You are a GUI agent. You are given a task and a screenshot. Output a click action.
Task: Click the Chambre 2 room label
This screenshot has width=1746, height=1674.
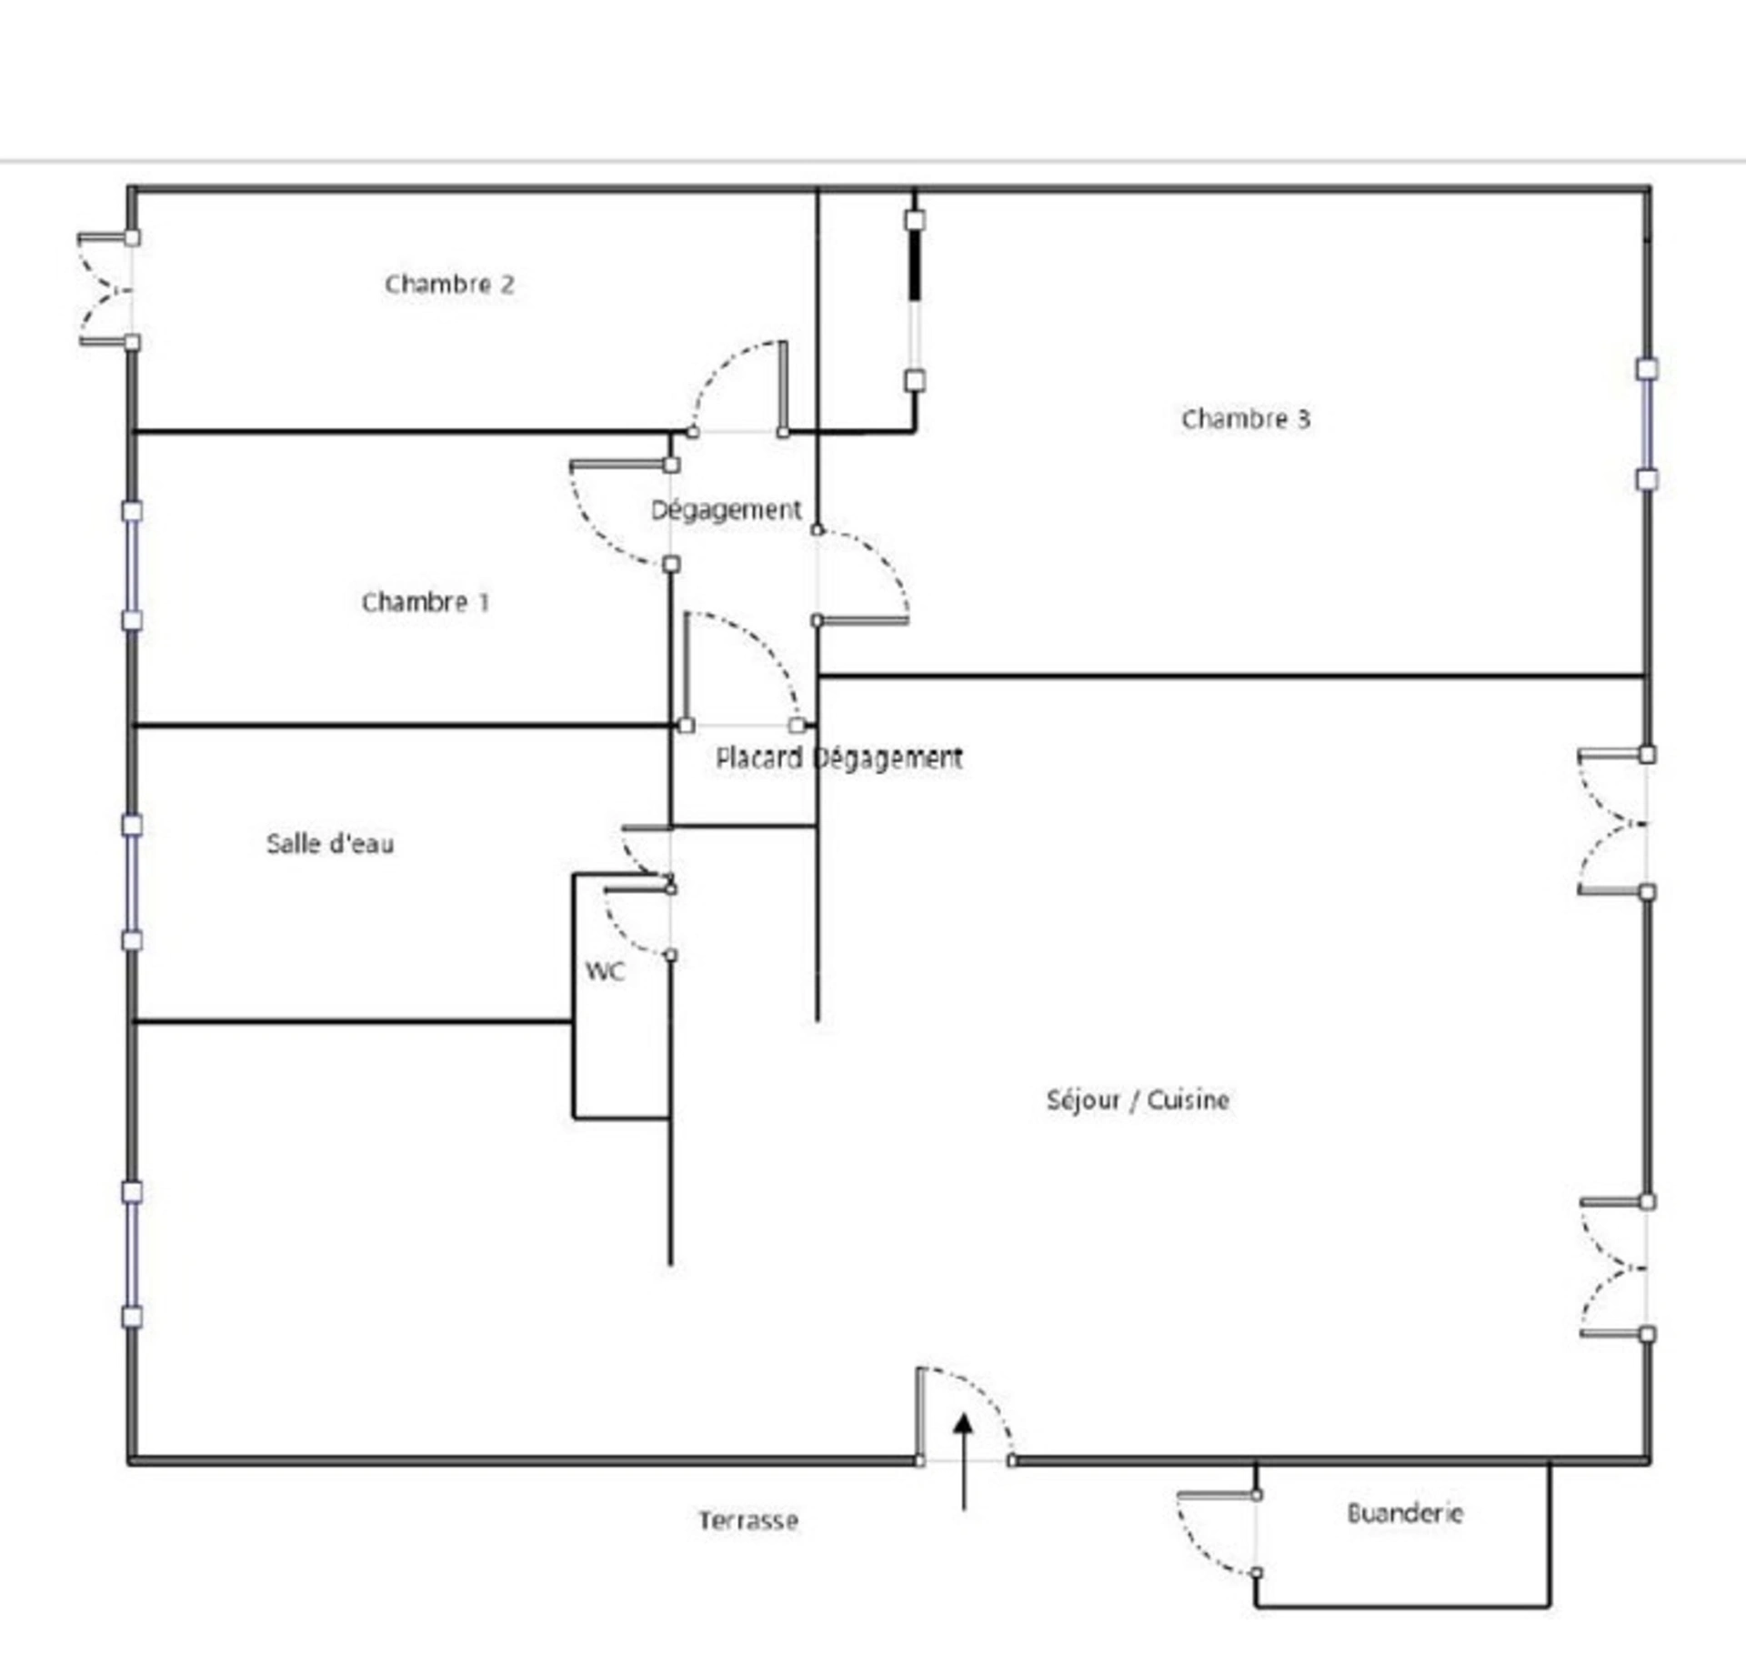coord(449,285)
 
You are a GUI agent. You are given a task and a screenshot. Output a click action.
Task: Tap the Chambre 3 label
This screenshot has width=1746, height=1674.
coord(1246,419)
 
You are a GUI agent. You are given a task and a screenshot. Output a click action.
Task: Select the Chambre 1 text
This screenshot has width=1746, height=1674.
coord(426,602)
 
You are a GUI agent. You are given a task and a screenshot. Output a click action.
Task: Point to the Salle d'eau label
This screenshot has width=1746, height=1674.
coord(330,844)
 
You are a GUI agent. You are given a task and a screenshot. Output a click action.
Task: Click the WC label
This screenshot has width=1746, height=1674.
coord(605,971)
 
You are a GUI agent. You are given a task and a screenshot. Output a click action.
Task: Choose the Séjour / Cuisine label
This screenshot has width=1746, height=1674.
coord(1138,1100)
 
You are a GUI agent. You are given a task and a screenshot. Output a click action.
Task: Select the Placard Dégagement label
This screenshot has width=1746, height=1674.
coord(838,758)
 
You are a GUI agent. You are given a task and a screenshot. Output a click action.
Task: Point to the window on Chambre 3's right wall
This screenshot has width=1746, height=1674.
coord(1647,424)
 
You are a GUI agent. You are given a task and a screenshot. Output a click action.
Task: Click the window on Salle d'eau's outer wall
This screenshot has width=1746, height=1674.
coord(133,882)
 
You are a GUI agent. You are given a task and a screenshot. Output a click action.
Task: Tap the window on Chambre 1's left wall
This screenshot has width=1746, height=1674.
coord(133,566)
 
